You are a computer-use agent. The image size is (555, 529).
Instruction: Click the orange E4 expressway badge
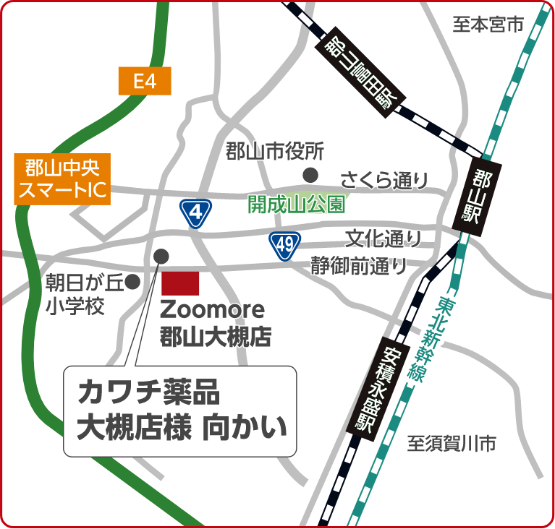145,81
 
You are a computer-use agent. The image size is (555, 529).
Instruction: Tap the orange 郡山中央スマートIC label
61,179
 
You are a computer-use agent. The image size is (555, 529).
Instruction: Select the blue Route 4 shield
195,212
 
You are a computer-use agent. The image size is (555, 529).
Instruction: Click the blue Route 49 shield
284,245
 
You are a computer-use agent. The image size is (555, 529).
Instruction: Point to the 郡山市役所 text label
274,152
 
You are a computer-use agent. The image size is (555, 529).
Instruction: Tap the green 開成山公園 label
295,205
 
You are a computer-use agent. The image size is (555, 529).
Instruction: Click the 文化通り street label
383,237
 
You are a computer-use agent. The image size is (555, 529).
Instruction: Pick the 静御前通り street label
359,266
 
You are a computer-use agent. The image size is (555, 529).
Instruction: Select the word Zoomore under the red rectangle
212,310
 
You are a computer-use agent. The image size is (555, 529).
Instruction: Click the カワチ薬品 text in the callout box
147,394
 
